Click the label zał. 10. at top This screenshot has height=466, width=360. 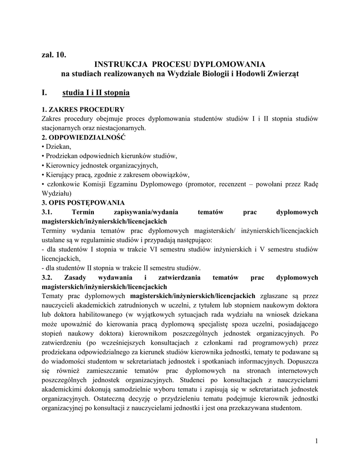point(54,56)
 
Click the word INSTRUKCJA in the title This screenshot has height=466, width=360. point(120,64)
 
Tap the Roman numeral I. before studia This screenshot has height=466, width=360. point(44,93)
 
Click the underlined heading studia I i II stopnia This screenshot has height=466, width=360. point(96,93)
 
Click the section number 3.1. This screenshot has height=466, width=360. point(47,212)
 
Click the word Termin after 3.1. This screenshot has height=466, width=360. point(85,212)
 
